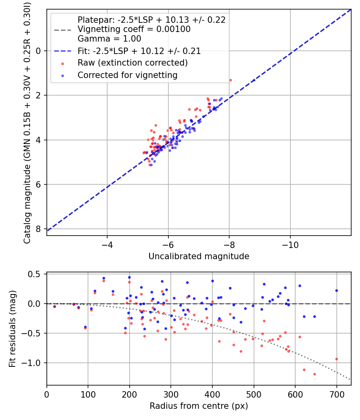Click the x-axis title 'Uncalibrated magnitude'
click(x=199, y=256)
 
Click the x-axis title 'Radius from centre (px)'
click(x=199, y=406)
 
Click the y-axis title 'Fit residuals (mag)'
click(x=12, y=329)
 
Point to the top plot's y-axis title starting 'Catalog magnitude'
click(x=27, y=122)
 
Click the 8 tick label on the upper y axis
click(x=39, y=229)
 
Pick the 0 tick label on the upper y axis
click(x=39, y=51)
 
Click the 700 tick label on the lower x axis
click(x=336, y=394)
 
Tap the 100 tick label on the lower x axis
click(x=88, y=394)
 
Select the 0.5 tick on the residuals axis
click(x=35, y=274)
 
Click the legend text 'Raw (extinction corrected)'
click(x=132, y=63)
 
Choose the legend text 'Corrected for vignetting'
click(x=127, y=75)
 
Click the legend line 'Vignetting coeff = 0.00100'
click(x=134, y=29)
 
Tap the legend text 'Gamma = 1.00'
click(x=109, y=39)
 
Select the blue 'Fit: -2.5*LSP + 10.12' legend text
click(x=139, y=51)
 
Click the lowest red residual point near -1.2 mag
click(x=314, y=374)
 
